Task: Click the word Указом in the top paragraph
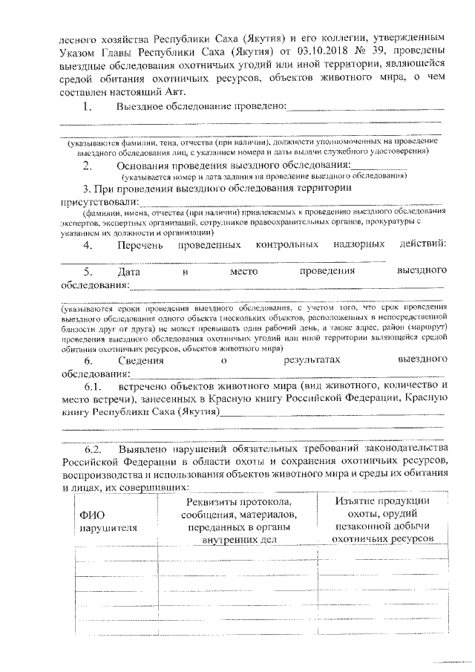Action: (x=79, y=50)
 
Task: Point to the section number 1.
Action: (x=88, y=107)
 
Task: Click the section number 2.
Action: (x=88, y=165)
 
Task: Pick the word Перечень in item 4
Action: (x=142, y=244)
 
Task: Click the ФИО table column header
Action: (x=88, y=515)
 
